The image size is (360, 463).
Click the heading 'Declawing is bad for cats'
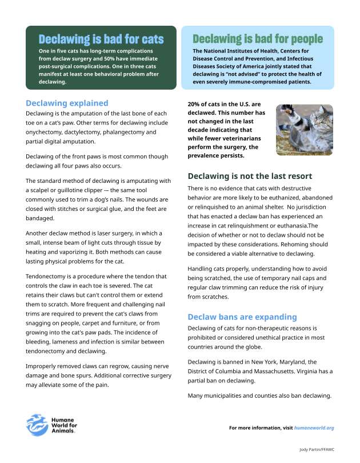click(101, 39)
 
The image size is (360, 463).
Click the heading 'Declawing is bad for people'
click(258, 39)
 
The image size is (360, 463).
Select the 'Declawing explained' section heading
click(67, 103)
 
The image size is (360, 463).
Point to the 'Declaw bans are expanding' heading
click(242, 317)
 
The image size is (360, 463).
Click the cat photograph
click(305, 130)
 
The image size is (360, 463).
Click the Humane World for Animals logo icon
click(37, 425)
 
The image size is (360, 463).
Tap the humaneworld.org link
click(314, 428)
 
